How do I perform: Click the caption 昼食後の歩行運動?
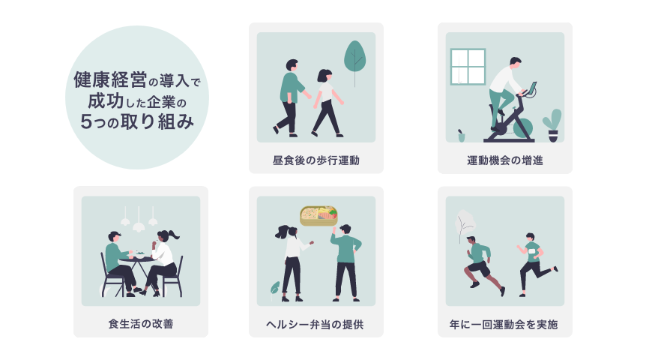[x=316, y=160]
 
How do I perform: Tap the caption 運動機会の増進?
[x=504, y=160]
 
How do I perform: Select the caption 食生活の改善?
[x=140, y=325]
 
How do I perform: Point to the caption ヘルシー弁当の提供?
[x=316, y=325]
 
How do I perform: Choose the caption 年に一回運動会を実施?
[x=504, y=325]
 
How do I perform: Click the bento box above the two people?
[x=319, y=216]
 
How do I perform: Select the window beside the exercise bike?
[x=468, y=67]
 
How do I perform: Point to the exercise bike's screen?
[x=533, y=87]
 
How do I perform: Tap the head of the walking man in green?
[x=292, y=65]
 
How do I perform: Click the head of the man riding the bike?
[x=515, y=62]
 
